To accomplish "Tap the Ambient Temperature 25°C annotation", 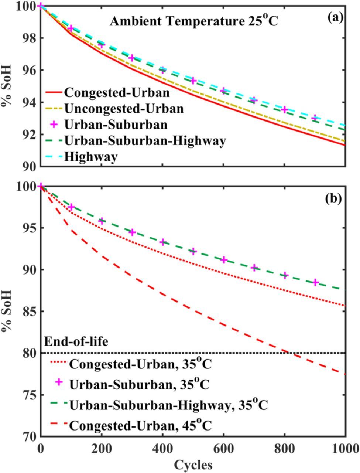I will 193,21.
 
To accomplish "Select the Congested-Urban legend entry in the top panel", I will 116,92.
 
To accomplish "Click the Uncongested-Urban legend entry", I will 123,108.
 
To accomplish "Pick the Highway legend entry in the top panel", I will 90,157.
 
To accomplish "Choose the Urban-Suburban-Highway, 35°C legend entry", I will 168,405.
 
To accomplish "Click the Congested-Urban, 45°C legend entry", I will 140,426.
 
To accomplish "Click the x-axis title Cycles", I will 193,464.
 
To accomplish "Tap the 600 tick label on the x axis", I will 223,448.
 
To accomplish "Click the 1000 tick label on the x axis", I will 346,448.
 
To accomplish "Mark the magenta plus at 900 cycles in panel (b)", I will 316,282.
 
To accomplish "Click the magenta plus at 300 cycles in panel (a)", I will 132,58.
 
